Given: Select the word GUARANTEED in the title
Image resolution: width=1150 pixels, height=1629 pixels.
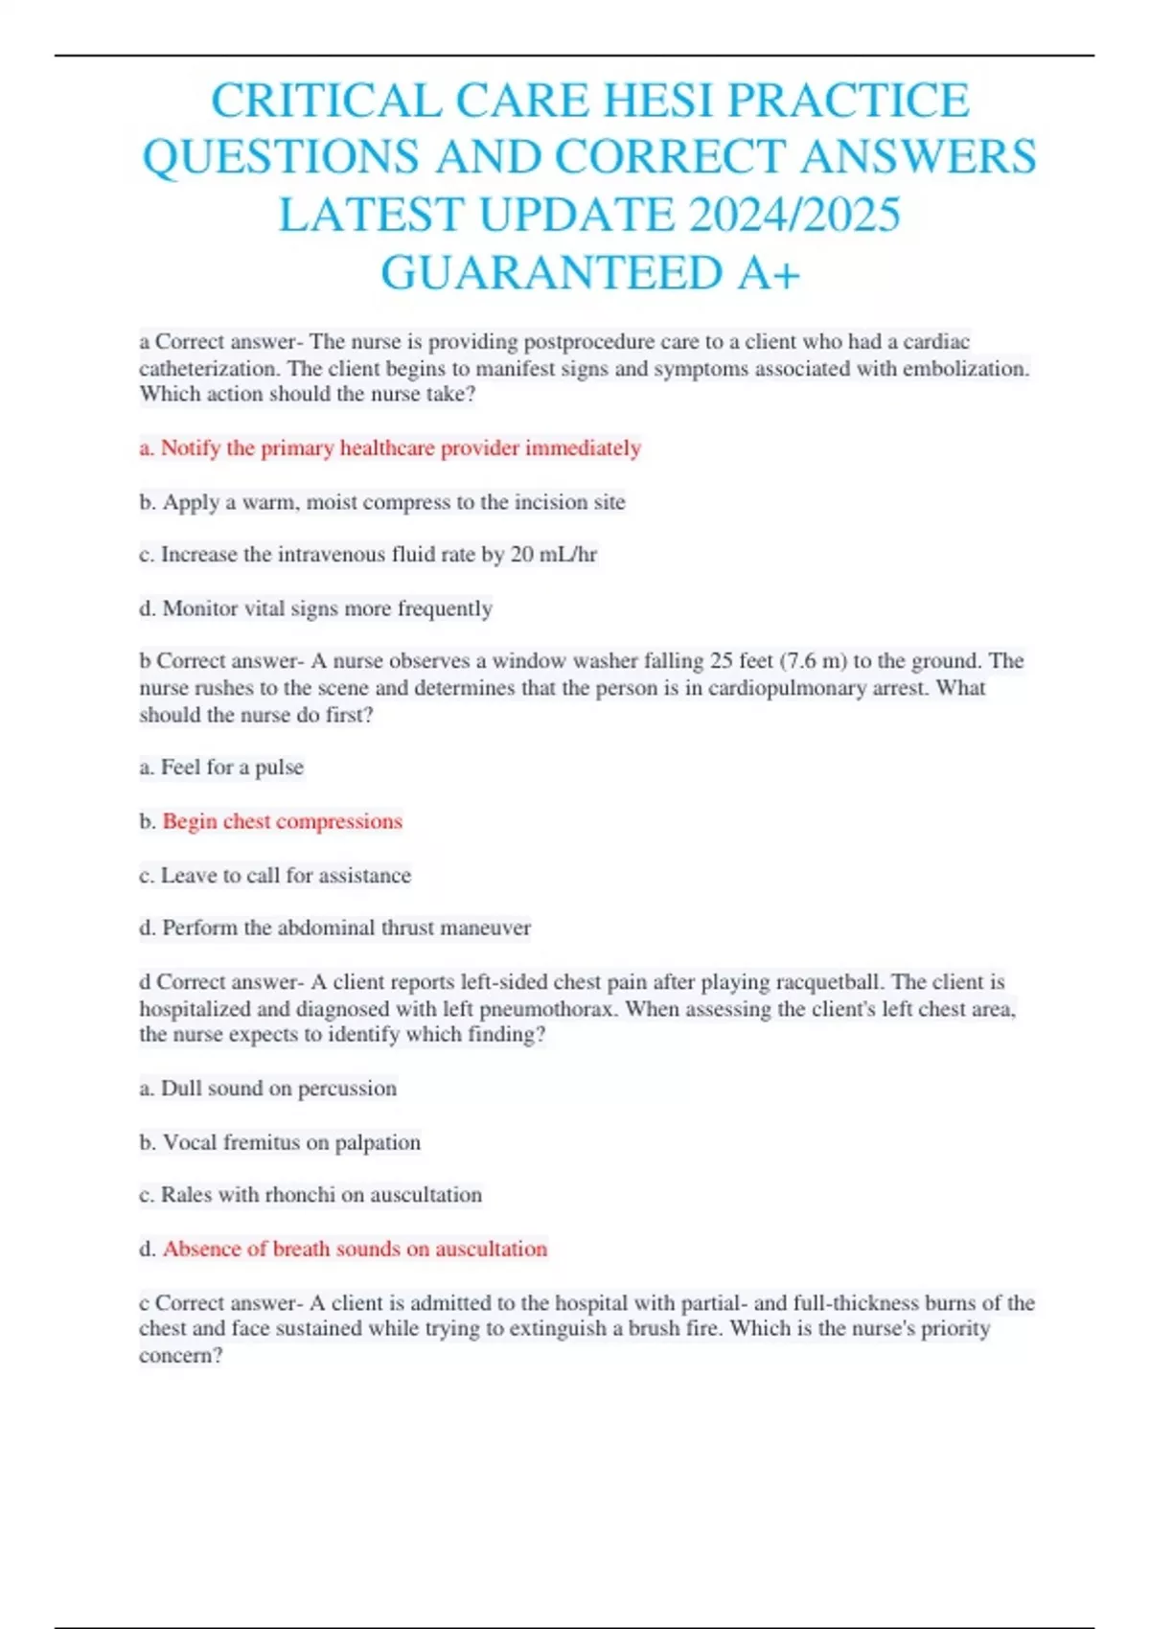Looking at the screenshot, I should (551, 272).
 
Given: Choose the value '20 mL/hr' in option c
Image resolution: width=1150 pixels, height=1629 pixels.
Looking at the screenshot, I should (554, 555).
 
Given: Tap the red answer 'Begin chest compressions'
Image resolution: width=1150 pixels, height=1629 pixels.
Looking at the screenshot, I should (282, 821).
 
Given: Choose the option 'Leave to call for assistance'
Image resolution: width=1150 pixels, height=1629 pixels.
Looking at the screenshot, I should (286, 875).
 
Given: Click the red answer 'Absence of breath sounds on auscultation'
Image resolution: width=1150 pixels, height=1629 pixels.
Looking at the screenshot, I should (355, 1249).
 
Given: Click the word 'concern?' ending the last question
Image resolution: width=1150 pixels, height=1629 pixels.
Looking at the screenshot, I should (181, 1355).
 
